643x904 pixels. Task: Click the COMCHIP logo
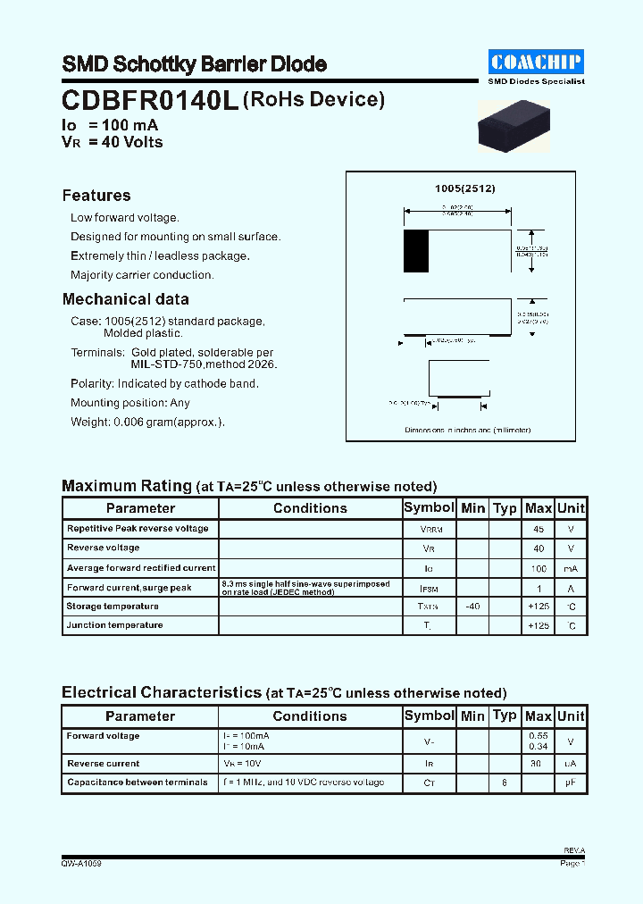click(537, 62)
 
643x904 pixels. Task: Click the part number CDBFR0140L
click(150, 101)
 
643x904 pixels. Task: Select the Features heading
click(96, 196)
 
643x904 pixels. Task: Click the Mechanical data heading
click(125, 299)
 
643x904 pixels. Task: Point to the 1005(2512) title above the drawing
click(464, 188)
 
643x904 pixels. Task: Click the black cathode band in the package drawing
click(416, 251)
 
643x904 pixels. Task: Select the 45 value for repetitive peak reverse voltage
click(538, 529)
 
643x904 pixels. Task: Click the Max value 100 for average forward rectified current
click(538, 568)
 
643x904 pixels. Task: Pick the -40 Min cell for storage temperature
click(472, 607)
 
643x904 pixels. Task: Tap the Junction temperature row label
click(114, 625)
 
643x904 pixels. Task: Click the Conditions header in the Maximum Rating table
click(310, 508)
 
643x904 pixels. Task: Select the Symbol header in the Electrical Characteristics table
click(429, 716)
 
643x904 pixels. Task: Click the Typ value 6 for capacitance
click(505, 783)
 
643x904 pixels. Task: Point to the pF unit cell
click(571, 783)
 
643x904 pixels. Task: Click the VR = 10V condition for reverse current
click(242, 764)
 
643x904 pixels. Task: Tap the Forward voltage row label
click(103, 736)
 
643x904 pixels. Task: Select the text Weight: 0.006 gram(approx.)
click(147, 423)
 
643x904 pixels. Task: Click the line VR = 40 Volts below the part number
click(113, 142)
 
